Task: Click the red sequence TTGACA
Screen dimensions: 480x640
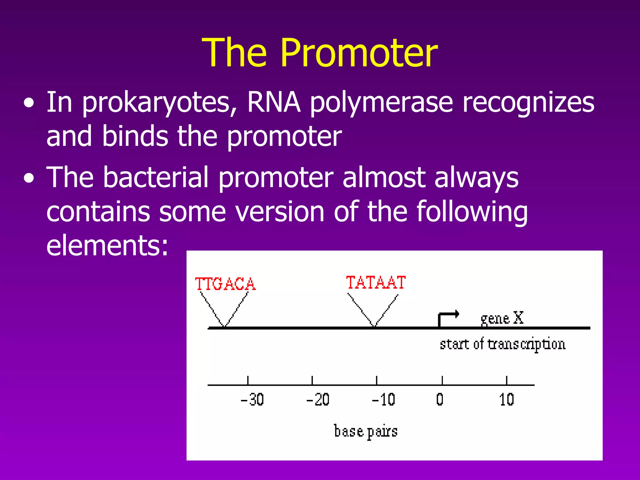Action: pyautogui.click(x=225, y=284)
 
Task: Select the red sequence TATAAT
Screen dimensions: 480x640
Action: pyautogui.click(x=376, y=282)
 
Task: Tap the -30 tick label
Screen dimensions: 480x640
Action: pyautogui.click(x=252, y=400)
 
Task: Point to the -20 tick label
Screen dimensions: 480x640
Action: pyautogui.click(x=317, y=400)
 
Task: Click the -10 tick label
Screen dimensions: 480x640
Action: pyautogui.click(x=383, y=400)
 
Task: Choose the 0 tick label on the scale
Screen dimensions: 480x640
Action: pyautogui.click(x=440, y=400)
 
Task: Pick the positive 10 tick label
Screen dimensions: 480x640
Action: pyautogui.click(x=506, y=400)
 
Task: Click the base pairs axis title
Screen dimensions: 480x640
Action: pyautogui.click(x=366, y=432)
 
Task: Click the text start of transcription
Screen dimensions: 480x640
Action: pyautogui.click(x=502, y=344)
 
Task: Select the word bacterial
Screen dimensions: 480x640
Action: pyautogui.click(x=156, y=177)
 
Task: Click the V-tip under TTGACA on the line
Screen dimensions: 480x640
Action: pyautogui.click(x=224, y=327)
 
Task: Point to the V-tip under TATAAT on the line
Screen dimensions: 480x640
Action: pyautogui.click(x=374, y=327)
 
